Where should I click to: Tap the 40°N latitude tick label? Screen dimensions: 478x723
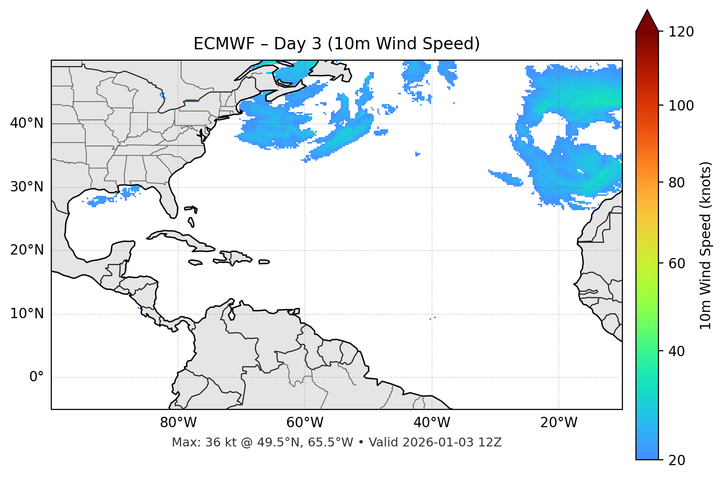point(27,123)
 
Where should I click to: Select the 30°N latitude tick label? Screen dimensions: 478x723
point(27,187)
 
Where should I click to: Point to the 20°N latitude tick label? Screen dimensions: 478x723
point(27,250)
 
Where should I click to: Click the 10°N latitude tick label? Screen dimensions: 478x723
point(27,314)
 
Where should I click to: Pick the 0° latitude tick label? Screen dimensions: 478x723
point(36,377)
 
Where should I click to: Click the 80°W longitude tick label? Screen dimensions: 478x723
point(178,423)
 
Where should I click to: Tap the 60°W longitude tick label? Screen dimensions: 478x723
point(305,423)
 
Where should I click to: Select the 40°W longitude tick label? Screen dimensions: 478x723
point(432,423)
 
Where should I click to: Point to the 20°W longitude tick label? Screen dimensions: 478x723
point(559,423)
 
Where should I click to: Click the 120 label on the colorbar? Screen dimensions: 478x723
point(681,32)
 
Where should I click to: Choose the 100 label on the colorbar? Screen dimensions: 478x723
point(681,106)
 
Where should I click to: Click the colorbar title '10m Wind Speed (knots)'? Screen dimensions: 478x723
point(706,245)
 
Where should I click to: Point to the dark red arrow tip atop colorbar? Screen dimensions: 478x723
point(647,20)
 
